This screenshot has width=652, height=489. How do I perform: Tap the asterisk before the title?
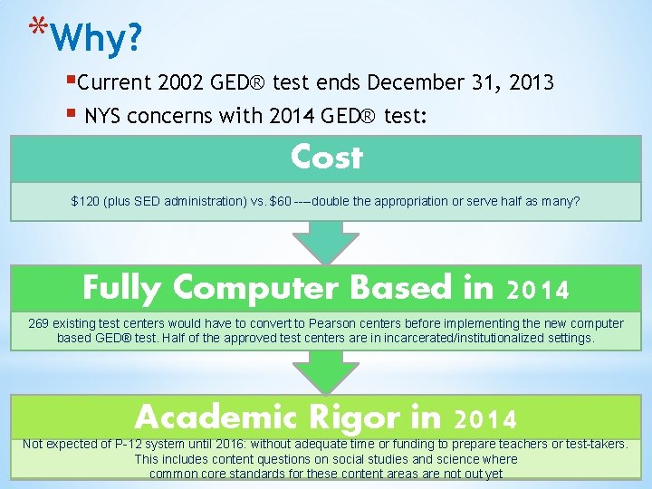36,27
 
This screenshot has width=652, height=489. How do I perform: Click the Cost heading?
326,158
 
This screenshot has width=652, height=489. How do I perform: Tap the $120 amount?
86,201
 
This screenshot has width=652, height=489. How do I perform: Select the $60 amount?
281,201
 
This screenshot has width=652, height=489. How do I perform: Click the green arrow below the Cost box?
325,240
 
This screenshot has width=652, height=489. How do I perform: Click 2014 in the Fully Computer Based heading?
538,290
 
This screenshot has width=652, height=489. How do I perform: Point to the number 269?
39,323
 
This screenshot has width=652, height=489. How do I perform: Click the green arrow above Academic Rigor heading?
325,372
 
